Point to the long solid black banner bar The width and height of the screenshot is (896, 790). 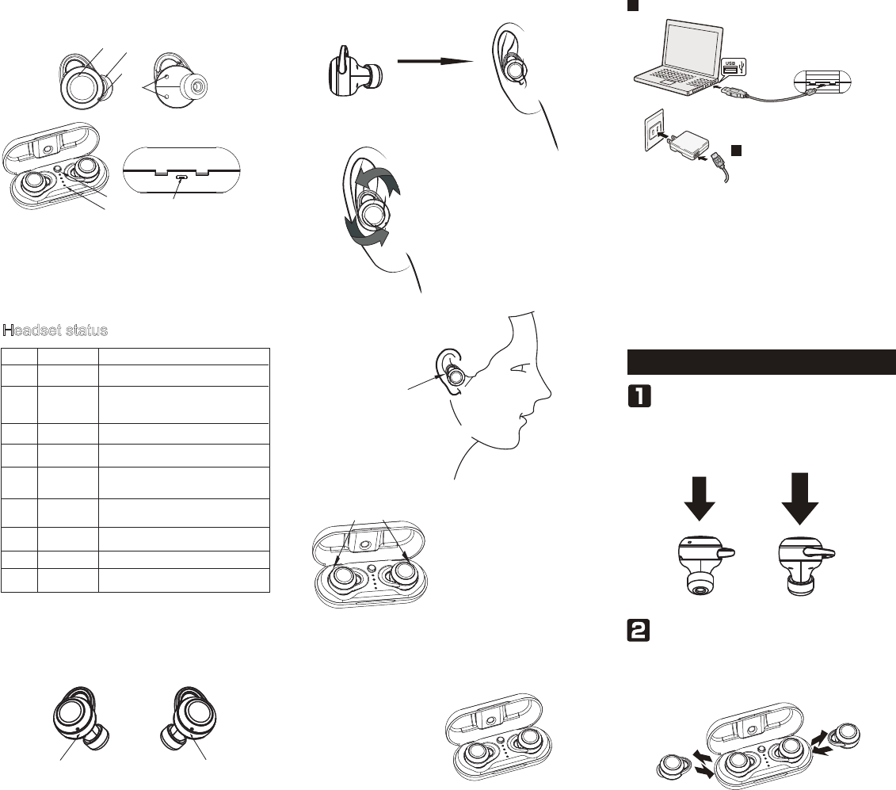coord(761,361)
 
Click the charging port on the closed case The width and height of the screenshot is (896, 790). coord(183,178)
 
